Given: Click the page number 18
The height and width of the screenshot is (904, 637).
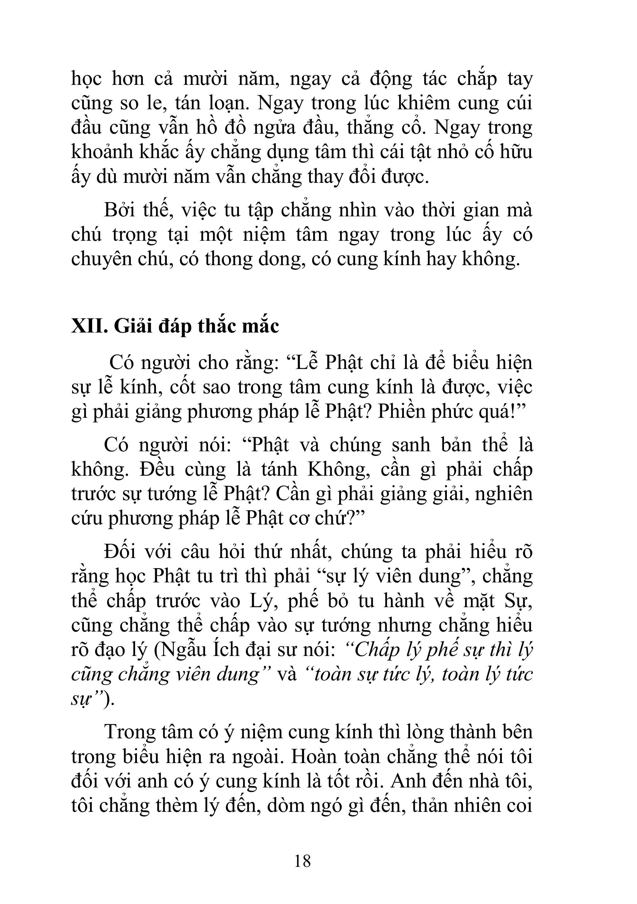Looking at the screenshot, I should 302,861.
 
